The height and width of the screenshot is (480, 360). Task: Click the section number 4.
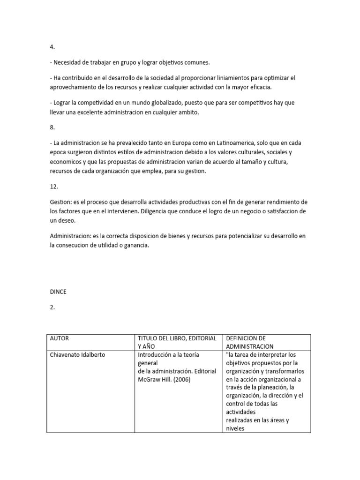point(52,47)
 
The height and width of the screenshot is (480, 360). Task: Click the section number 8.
point(52,127)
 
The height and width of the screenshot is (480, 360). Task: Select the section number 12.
point(54,186)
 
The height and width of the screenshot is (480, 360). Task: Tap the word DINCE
point(58,292)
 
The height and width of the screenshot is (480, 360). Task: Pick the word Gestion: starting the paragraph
point(61,202)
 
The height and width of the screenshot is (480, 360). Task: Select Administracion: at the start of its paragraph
point(72,236)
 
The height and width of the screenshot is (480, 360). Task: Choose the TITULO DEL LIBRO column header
point(177,338)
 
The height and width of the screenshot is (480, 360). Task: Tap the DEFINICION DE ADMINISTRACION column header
point(249,342)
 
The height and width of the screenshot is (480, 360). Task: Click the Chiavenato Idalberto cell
point(78,355)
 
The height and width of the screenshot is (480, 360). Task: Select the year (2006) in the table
point(181,380)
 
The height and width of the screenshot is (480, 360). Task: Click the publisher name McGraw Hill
point(154,380)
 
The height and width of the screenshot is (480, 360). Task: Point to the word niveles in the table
point(235,428)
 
